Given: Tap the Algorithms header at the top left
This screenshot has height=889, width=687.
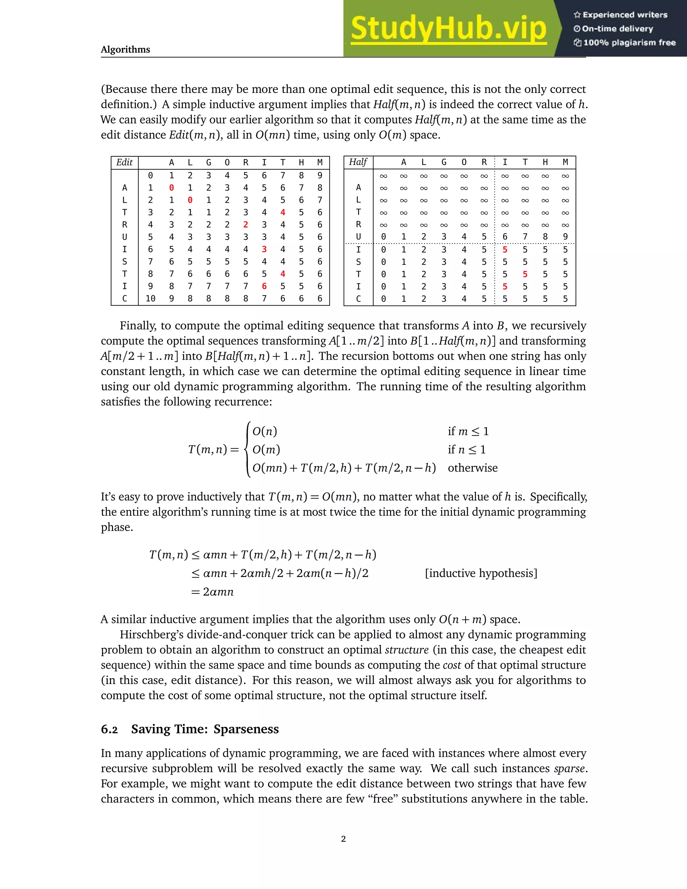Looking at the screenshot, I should pos(125,49).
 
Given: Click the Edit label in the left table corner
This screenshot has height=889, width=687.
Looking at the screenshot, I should pos(124,162).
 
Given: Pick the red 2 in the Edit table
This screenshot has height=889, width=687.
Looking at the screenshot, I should pos(246,225).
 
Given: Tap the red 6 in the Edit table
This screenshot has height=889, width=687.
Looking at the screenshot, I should pos(264,286).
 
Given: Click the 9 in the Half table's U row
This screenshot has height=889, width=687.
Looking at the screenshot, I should pos(565,237).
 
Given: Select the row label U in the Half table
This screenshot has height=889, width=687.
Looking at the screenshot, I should pos(358,237).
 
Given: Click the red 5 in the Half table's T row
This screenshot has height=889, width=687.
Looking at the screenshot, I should pos(525,274).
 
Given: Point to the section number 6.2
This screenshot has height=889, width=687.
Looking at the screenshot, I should pos(109,729).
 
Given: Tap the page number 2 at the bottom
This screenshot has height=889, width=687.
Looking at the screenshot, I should pos(343,839).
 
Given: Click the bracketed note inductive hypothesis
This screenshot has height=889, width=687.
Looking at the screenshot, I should pos(481,573).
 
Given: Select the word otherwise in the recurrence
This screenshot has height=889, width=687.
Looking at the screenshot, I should pos(473,468).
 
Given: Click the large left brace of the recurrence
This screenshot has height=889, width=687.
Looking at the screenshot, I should pos(247,450).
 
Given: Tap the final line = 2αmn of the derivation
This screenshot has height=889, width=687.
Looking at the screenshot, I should pos(212,591).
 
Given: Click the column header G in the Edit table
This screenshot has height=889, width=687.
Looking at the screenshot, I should pos(208,162).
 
